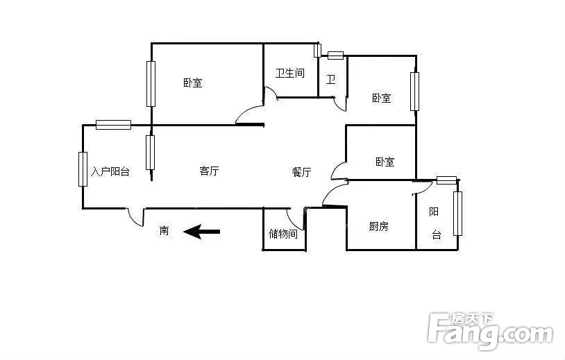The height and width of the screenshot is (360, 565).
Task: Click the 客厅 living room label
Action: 209,171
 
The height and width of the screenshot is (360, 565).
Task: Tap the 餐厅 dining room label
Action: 302,172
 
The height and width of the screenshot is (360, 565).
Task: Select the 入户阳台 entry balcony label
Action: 110,171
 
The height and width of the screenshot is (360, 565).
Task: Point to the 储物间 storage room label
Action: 283,234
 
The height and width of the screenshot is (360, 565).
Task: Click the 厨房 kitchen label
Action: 379,226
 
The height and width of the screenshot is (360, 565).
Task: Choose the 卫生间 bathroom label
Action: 290,73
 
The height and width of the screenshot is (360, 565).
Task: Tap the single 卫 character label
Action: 331,79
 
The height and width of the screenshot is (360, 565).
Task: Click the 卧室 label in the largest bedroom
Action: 193,83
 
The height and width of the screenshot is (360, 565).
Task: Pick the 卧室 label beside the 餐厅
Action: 385,162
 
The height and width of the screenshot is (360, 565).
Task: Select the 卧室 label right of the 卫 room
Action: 382,98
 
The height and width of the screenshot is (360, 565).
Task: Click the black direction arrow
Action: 202,232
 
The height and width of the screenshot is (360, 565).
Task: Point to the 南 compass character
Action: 165,230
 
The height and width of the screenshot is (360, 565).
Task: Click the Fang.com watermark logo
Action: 491,331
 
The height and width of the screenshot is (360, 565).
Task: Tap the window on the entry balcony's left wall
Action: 83,169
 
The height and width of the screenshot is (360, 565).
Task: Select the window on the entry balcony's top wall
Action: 114,125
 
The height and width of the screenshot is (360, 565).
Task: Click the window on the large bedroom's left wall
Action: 151,84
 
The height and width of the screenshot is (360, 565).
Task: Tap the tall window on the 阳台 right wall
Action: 457,214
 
